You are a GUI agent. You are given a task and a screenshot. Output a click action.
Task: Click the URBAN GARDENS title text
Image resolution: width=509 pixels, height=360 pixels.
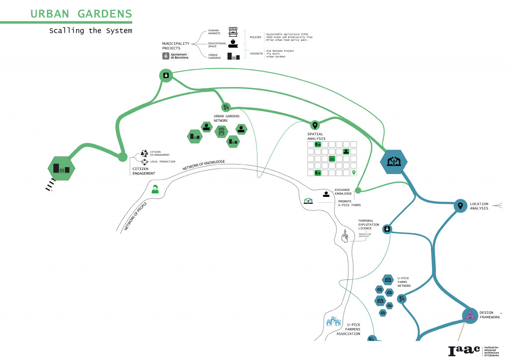tap(81, 13)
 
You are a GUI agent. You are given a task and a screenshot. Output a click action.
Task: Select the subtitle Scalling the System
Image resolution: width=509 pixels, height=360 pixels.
tap(90, 31)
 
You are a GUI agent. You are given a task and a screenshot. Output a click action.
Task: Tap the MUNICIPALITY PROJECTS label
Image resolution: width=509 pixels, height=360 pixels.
tap(175, 46)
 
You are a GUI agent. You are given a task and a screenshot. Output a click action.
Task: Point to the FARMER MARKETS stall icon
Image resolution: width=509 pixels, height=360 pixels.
tap(233, 32)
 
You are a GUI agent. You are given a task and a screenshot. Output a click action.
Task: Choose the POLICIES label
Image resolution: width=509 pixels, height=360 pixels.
tap(256, 36)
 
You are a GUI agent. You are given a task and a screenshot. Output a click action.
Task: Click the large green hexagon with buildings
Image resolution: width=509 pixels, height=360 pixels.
tap(60, 168)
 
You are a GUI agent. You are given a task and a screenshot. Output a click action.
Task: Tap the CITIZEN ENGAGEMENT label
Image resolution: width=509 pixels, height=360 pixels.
tap(143, 171)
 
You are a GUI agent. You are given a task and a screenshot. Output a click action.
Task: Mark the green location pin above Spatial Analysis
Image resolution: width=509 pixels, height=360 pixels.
tap(314, 125)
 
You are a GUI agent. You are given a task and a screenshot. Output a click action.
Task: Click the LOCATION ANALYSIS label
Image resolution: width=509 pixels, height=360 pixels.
tap(479, 206)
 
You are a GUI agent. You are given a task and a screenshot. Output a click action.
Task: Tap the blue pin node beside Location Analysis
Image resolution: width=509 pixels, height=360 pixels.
tap(460, 205)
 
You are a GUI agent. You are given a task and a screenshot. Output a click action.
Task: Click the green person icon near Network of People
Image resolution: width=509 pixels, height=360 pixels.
tap(155, 189)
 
